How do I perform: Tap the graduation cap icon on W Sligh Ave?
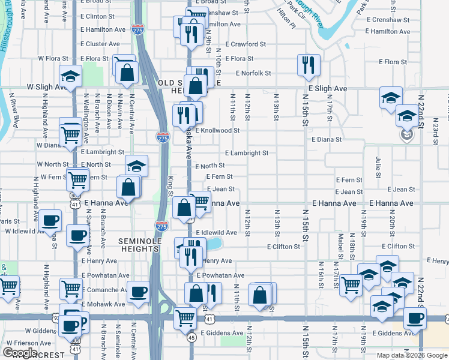coord(70,76)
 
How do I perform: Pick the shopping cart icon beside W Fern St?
coord(77,179)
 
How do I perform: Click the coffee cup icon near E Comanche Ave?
coord(139,291)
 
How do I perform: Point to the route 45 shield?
coord(190,337)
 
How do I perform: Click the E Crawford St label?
coord(246,44)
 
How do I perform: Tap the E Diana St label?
coord(326,139)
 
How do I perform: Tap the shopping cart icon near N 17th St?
coord(350,285)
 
